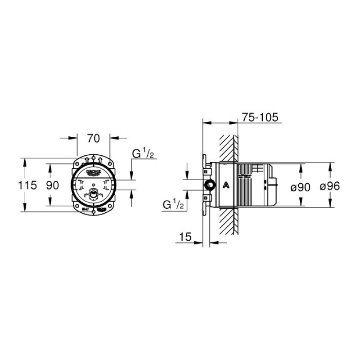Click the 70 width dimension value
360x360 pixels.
tap(93, 139)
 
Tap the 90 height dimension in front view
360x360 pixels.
tap(53, 185)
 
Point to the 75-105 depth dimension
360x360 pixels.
tap(261, 117)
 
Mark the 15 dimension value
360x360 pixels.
tap(185, 236)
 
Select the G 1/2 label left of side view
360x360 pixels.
tap(173, 205)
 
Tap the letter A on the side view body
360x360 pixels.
tap(225, 184)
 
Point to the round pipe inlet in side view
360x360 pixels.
tap(208, 185)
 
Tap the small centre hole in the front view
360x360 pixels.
tap(93, 185)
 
